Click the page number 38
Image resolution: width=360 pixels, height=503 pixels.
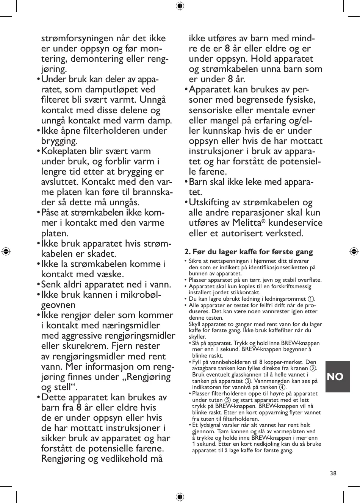tap(333, 473)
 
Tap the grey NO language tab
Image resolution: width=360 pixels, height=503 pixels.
tap(335, 376)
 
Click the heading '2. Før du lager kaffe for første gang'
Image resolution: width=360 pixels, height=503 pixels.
tap(249, 252)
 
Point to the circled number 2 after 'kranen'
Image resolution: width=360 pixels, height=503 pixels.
tap(313, 368)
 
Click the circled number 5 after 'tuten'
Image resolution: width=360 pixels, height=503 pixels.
tap(227, 400)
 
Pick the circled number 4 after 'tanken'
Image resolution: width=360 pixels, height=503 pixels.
tap(282, 387)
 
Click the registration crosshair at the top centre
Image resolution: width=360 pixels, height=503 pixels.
tap(180, 6)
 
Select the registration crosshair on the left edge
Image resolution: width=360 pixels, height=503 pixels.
tap(6, 251)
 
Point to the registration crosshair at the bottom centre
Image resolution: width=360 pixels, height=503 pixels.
tap(180, 497)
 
